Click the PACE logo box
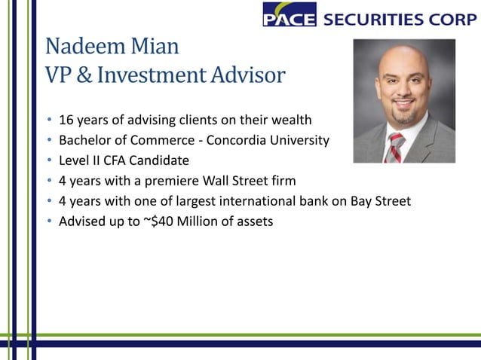pyautogui.click(x=289, y=15)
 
